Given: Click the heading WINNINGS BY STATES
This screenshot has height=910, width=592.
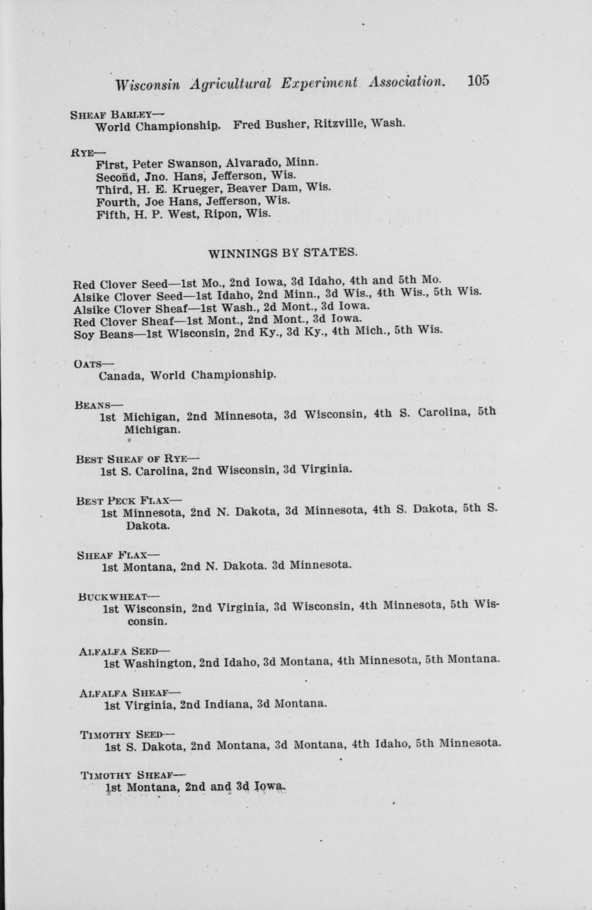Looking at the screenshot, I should [x=283, y=253].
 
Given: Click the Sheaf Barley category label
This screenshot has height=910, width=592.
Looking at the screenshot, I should [x=111, y=114].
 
